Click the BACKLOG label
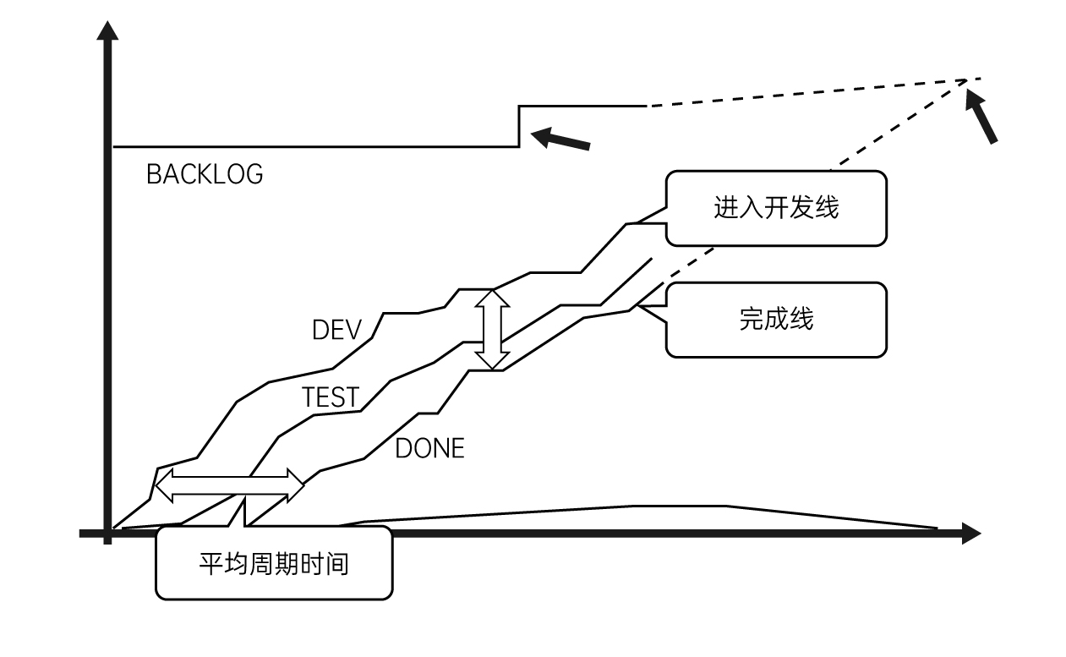(205, 174)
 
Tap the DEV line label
(336, 330)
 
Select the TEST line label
(331, 397)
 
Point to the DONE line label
(429, 448)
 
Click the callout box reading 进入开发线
(776, 208)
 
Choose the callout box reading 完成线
(776, 320)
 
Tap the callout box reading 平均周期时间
(274, 563)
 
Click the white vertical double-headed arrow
(491, 330)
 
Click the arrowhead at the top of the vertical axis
(107, 32)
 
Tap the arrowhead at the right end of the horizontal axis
(970, 534)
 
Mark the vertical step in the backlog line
(519, 126)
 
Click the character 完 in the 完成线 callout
(752, 320)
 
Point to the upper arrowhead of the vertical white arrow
(491, 298)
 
